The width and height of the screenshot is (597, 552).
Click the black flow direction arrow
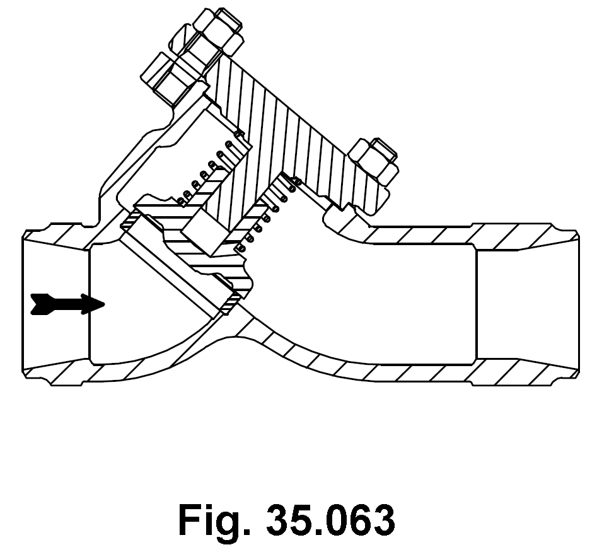pos(67,304)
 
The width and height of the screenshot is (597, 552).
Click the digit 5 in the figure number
pos(301,520)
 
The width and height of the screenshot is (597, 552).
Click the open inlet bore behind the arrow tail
pos(56,278)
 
